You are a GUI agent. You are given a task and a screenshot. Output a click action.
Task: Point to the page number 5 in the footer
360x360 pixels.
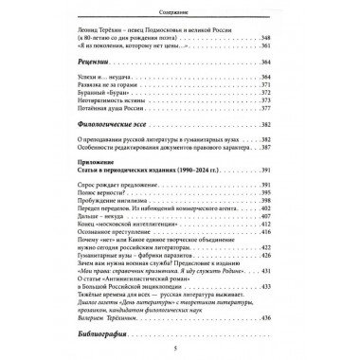click(180, 351)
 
